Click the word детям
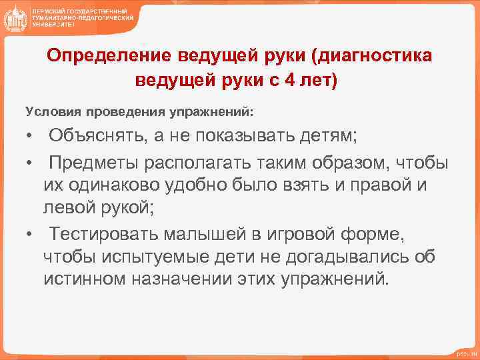click(x=328, y=137)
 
